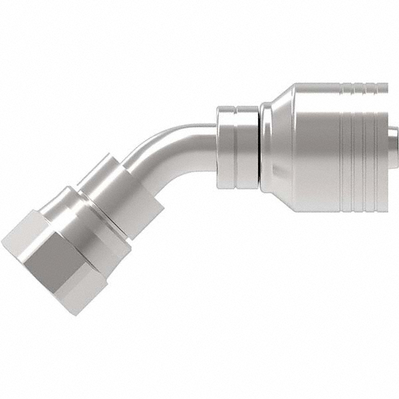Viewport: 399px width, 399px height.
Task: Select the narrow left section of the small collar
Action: tap(226, 143)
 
